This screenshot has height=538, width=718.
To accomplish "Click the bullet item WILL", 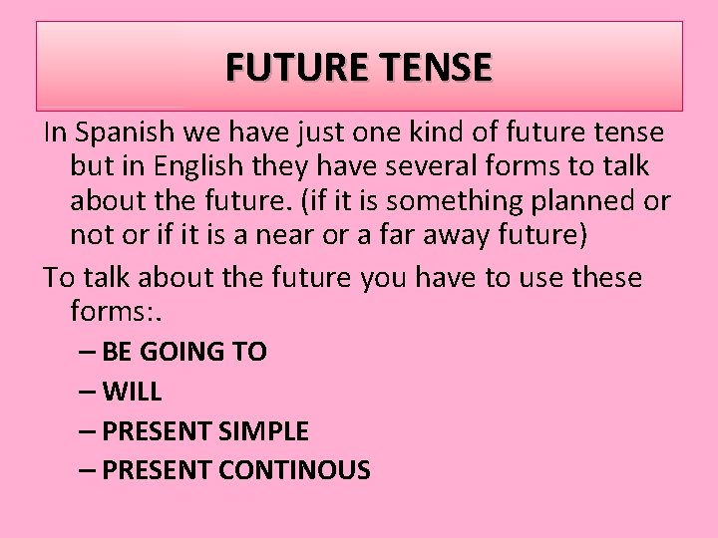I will tap(132, 393).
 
